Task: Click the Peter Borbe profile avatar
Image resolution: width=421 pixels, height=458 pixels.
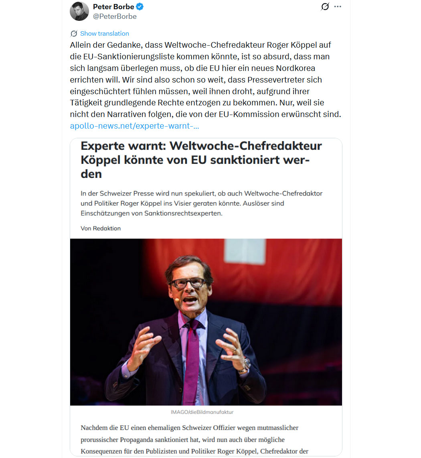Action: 79,11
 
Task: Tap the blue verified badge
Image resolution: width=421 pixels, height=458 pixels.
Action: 140,7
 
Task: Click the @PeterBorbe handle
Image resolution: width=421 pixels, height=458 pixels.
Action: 115,16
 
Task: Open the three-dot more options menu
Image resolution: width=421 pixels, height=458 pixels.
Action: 338,7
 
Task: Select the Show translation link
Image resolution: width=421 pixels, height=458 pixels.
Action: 104,34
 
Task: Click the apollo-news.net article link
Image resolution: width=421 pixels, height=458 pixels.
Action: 134,126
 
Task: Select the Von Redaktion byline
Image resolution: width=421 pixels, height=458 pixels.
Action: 101,228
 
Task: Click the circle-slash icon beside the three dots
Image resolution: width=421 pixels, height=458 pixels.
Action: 325,7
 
